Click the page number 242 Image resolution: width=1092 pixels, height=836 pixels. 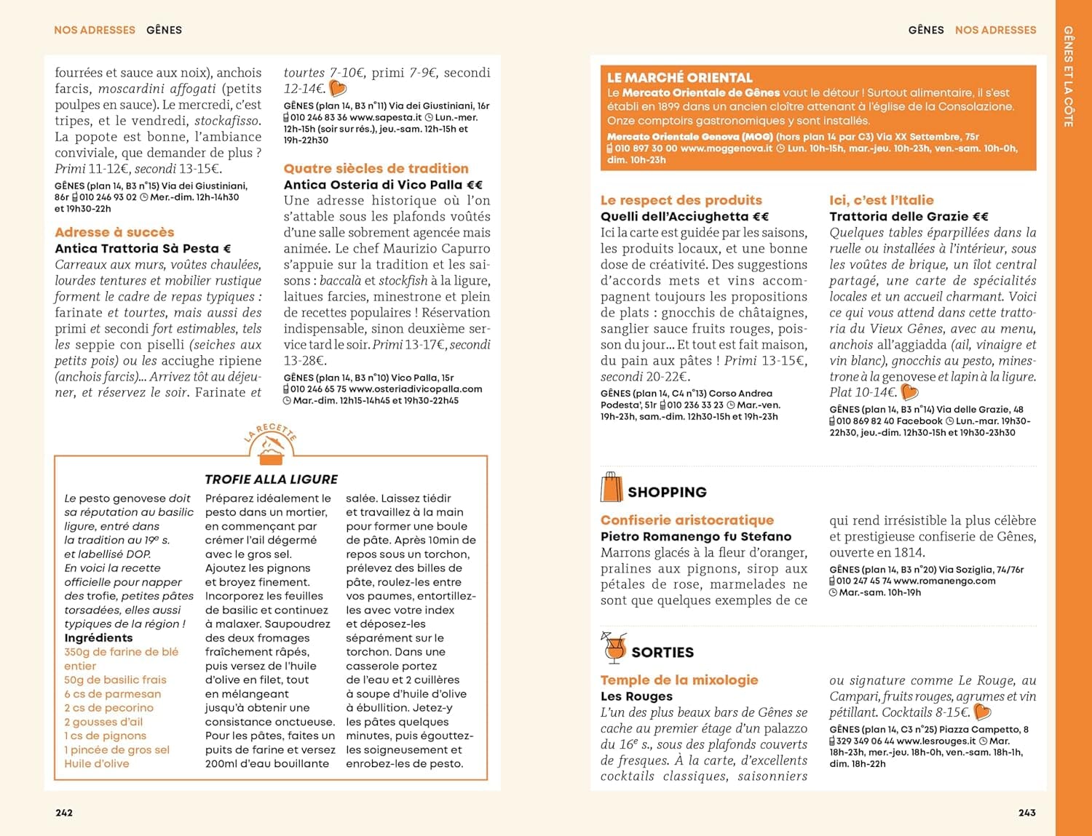point(64,813)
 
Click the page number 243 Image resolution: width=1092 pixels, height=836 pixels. point(1026,813)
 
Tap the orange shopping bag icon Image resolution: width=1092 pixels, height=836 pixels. point(612,487)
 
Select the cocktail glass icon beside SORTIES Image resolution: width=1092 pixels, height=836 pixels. point(614,648)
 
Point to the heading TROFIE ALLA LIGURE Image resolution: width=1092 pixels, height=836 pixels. point(271,479)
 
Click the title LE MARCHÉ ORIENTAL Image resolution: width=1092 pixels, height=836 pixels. point(680,78)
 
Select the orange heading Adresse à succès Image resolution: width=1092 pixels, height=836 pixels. point(114,232)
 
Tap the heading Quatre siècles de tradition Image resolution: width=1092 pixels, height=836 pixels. point(376,168)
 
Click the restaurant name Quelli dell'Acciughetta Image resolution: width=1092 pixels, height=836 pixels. point(684,216)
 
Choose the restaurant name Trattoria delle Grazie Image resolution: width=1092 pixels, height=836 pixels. point(909,216)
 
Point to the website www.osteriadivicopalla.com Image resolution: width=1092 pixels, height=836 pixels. point(416,389)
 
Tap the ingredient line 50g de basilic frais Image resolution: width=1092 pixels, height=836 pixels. point(115,680)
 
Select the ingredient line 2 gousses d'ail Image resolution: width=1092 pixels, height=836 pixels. point(103,722)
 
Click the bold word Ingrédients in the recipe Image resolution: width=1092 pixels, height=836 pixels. point(98,638)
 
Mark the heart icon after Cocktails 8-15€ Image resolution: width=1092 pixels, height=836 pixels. point(983,712)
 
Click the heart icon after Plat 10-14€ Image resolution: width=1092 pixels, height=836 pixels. point(909,392)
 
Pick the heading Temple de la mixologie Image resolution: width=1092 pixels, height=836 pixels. point(679,680)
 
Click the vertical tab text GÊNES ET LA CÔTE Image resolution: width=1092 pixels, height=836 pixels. point(1068,76)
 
